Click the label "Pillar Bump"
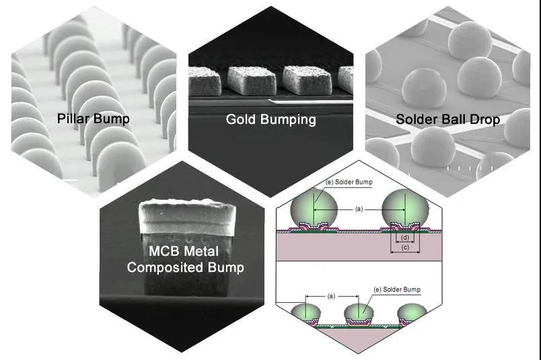pos(94,119)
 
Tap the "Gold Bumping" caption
pos(270,120)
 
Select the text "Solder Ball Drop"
pos(447,120)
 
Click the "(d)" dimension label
pos(404,238)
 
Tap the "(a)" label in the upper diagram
pos(359,209)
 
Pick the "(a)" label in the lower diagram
pos(330,295)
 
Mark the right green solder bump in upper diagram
pos(405,209)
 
